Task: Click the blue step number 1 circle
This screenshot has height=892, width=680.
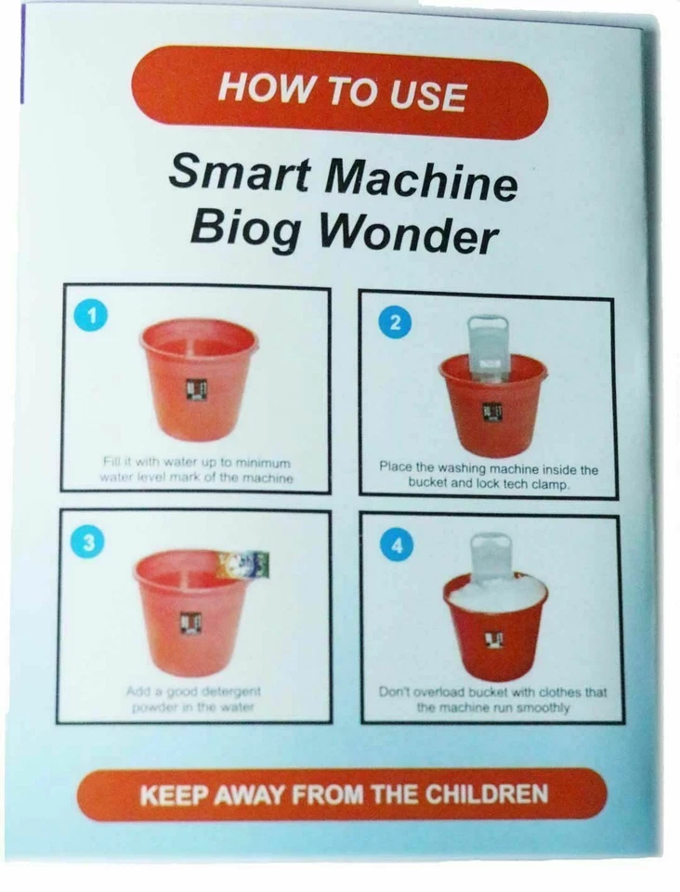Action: [x=90, y=316]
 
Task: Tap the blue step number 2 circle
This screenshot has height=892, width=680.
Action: [x=395, y=323]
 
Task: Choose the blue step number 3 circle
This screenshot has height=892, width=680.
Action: [x=87, y=544]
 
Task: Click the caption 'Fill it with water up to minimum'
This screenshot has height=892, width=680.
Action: [x=195, y=462]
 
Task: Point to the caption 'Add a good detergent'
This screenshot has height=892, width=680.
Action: [x=192, y=691]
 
